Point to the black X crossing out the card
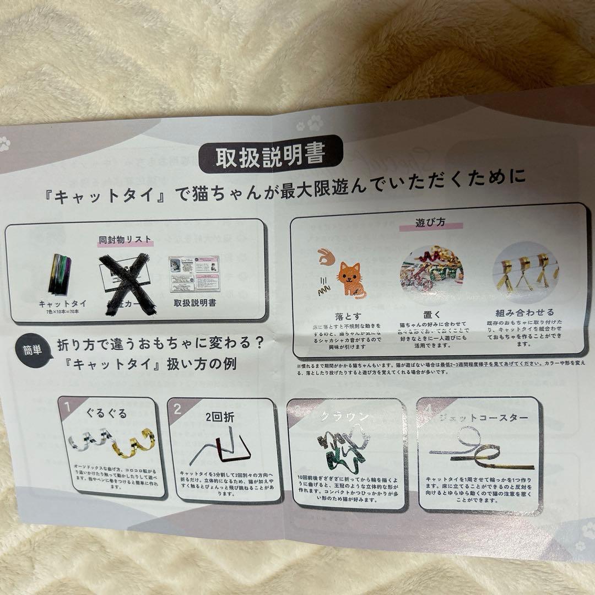(127, 283)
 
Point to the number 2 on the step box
(177, 409)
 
